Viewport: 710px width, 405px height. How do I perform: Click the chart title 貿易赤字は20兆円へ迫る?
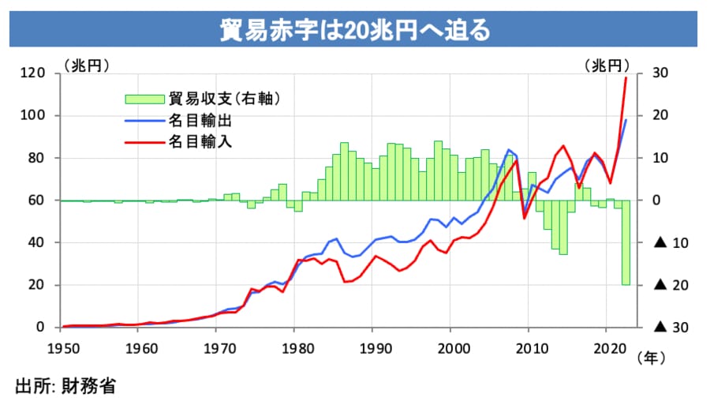pyautogui.click(x=355, y=30)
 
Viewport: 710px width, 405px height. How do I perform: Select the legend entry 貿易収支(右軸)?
pyautogui.click(x=225, y=99)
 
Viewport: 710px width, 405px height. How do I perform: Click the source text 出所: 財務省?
pyautogui.click(x=65, y=386)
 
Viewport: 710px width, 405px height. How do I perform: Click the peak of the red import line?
pyautogui.click(x=626, y=77)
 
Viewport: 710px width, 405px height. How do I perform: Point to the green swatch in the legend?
pyautogui.click(x=144, y=99)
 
